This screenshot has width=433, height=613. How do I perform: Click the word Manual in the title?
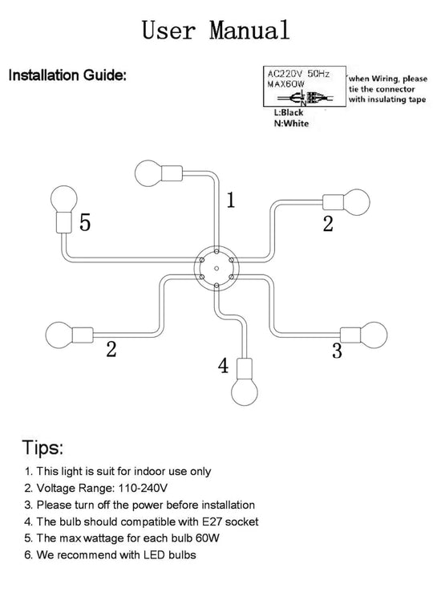(x=249, y=30)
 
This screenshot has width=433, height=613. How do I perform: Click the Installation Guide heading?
(x=67, y=75)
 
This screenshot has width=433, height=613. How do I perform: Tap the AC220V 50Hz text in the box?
(x=298, y=74)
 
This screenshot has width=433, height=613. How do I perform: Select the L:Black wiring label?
(x=289, y=112)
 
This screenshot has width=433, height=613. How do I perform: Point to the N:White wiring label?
(x=291, y=124)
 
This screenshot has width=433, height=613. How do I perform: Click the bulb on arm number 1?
(x=148, y=173)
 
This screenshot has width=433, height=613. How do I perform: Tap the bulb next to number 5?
(x=63, y=199)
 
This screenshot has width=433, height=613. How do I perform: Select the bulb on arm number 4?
(x=245, y=392)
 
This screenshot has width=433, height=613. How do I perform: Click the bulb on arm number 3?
(x=374, y=335)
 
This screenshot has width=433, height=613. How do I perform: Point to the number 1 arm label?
(x=231, y=200)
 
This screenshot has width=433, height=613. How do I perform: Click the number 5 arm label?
(x=85, y=222)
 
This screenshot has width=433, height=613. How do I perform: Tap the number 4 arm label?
(x=223, y=366)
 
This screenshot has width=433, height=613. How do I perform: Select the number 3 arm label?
(x=337, y=351)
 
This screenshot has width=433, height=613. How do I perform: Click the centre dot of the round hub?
(x=216, y=269)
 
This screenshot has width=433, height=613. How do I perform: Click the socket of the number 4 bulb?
(x=245, y=368)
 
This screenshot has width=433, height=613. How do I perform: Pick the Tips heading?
(x=42, y=447)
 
